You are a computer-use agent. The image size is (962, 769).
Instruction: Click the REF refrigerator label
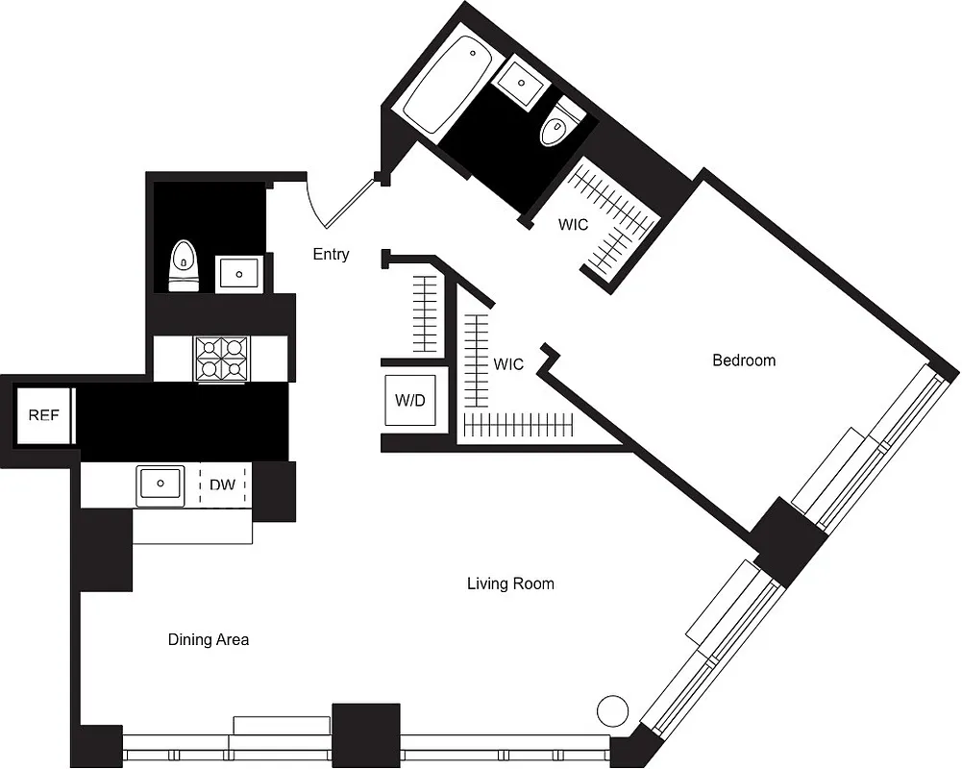43,415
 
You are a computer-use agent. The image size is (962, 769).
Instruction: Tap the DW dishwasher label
222,484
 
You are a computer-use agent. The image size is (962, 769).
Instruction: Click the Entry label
331,255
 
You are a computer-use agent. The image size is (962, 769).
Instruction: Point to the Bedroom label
743,360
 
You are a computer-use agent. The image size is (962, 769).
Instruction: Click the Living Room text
510,583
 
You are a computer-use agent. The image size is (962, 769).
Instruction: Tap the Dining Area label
209,639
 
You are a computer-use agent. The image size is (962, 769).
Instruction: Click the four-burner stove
222,359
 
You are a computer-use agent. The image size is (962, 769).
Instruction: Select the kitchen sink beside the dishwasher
160,484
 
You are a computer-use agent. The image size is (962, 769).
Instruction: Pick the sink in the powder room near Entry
236,273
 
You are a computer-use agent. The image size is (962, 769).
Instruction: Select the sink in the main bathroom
522,82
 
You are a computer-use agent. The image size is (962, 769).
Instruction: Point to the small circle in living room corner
612,712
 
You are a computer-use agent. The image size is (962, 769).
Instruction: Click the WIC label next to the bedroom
574,225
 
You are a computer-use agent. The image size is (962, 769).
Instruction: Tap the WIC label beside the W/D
507,364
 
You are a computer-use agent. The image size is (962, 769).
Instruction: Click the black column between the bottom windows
365,735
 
